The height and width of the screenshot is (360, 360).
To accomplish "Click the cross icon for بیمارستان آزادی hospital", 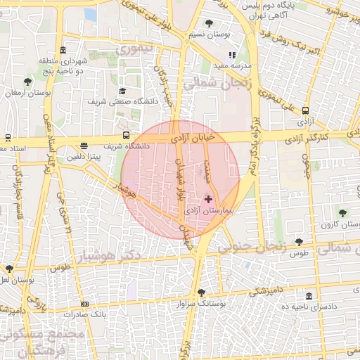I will tap(208, 200).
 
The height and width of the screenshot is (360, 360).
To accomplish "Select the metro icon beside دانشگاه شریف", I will tap(126, 135).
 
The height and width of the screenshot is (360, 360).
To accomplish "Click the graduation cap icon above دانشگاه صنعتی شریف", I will tap(122, 91).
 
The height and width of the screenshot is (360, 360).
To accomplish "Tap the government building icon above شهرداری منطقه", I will tap(63, 50).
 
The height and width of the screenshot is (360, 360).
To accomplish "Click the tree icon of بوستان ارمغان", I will tap(27, 82).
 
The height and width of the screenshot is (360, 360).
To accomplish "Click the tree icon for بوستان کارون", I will tap(342, 212).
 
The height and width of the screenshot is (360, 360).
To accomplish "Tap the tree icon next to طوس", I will tap(299, 243).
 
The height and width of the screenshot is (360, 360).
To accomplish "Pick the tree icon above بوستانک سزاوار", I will tap(202, 292).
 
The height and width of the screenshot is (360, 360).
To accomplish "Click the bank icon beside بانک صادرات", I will tap(85, 304).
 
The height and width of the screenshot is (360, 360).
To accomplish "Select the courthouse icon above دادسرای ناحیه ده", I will tap(309, 296).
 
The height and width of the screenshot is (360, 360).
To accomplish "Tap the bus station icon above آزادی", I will tap(305, 110).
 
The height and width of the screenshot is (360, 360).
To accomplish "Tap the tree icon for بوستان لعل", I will tap(9, 269).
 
